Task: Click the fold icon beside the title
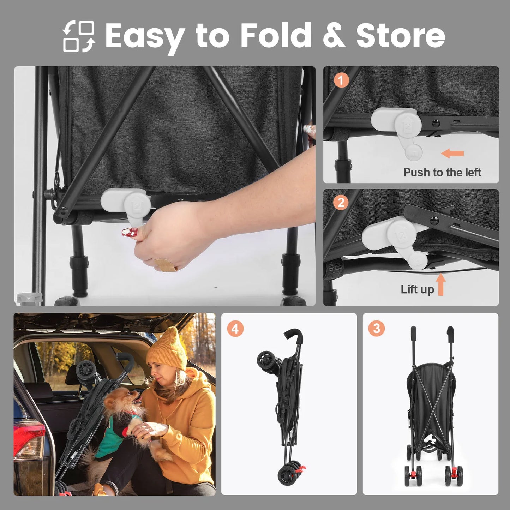click(79, 36)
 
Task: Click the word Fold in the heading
click(276, 35)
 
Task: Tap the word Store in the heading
click(400, 35)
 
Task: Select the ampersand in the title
click(334, 35)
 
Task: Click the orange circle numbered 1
click(341, 80)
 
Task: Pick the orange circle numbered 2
click(341, 203)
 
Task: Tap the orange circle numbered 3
click(376, 329)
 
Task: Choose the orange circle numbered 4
click(235, 329)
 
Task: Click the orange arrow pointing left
click(452, 153)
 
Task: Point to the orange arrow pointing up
click(440, 284)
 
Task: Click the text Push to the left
click(442, 173)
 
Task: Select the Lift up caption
click(417, 289)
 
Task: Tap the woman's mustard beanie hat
click(167, 349)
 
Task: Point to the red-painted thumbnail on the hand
click(130, 232)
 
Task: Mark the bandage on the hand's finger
click(166, 265)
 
